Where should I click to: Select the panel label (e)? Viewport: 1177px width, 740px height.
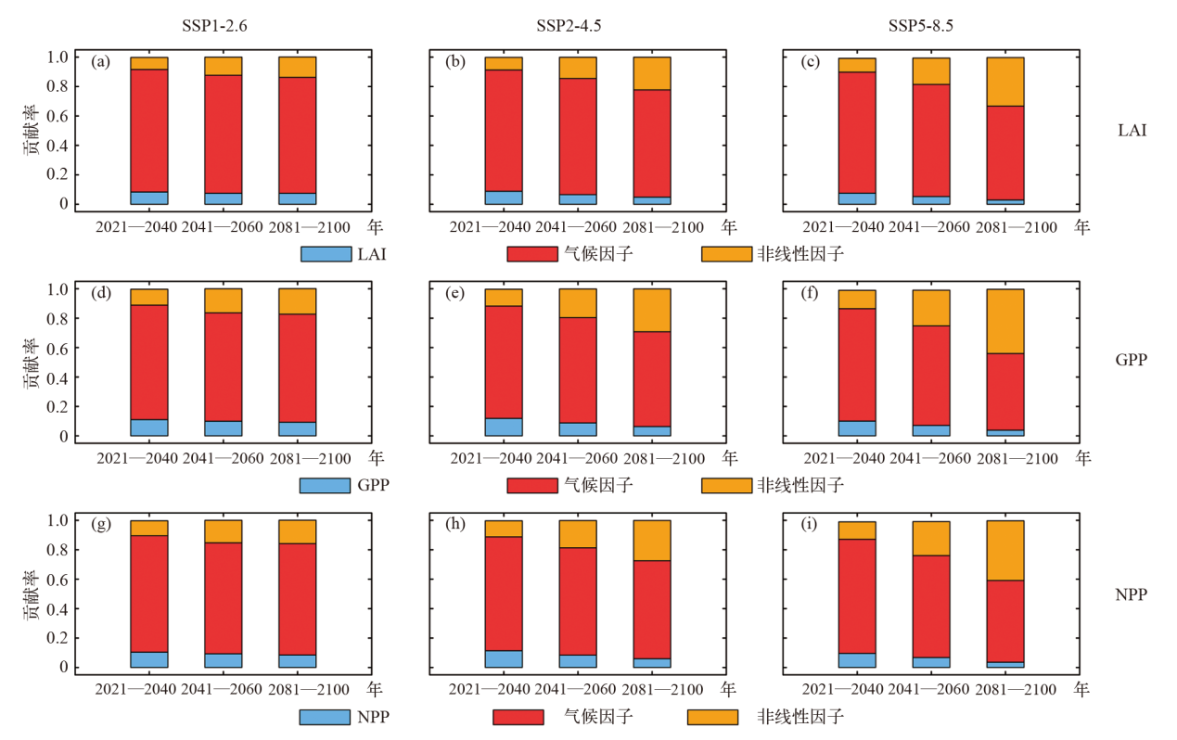455,294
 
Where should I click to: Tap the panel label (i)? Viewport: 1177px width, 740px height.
808,525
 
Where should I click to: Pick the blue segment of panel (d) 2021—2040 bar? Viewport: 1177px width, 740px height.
149,427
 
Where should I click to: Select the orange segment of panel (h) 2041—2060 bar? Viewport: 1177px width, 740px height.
578,533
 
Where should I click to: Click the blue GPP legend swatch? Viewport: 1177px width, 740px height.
325,485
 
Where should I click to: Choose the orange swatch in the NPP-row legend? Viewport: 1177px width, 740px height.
713,717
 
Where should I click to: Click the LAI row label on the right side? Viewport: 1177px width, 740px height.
1132,130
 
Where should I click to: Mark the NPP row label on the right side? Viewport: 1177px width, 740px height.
1132,593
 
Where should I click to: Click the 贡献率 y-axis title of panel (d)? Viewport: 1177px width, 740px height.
32,362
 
